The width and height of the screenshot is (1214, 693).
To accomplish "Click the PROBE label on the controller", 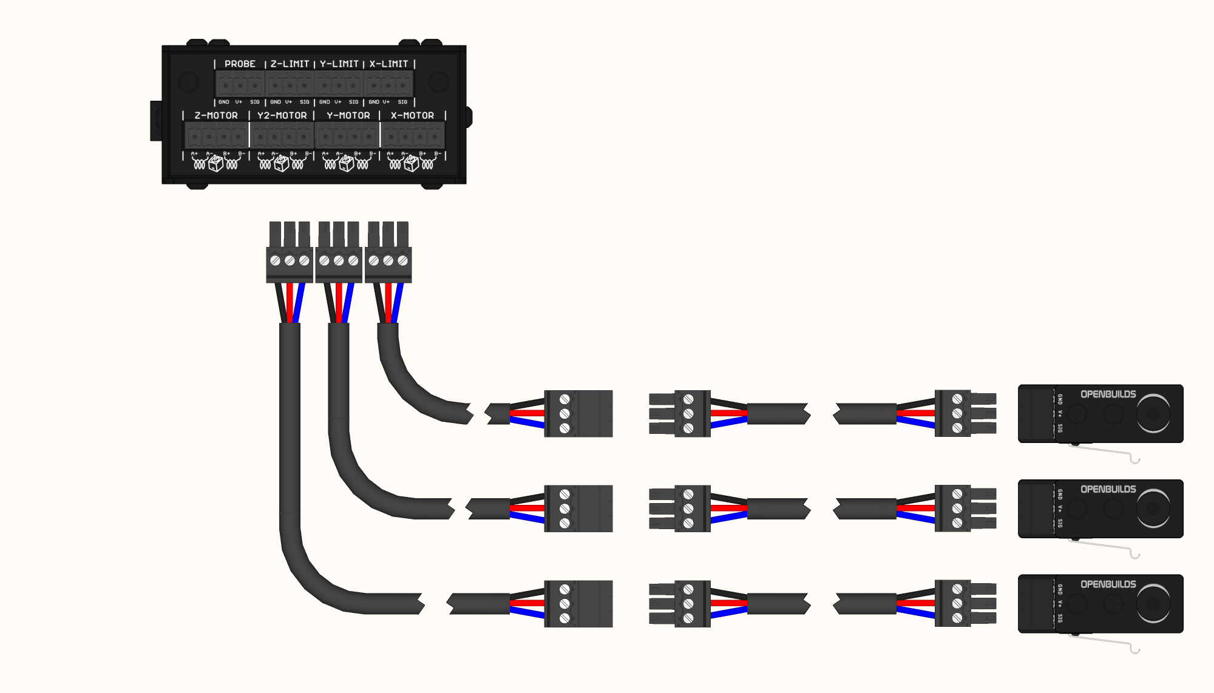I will (x=240, y=64).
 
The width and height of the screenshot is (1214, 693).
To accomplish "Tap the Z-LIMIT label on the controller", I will (x=290, y=64).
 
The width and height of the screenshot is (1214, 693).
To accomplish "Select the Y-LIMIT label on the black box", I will (x=339, y=64).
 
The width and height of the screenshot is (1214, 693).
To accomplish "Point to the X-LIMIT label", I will (x=388, y=64).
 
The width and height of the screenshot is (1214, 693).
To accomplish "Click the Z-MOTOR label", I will (x=216, y=115).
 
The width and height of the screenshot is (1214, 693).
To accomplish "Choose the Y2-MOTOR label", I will (x=282, y=115).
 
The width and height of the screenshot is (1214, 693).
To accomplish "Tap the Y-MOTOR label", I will (x=348, y=115).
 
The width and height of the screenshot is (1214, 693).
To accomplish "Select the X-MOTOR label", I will (x=412, y=115).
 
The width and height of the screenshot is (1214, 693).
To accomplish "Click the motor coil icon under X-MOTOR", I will (x=412, y=163).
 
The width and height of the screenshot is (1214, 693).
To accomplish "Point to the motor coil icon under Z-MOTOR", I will (x=215, y=163).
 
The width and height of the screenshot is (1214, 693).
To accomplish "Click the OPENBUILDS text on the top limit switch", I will (x=1108, y=394).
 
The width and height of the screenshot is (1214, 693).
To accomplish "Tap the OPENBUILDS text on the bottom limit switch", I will (x=1108, y=584).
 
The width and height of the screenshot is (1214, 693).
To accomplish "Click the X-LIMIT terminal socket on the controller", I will (x=388, y=84).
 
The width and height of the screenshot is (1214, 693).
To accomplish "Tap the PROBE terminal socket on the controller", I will (x=240, y=84).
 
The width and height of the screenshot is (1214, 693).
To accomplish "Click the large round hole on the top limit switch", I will (x=1153, y=414).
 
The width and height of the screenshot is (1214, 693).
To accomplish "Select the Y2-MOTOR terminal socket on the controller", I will (x=282, y=135).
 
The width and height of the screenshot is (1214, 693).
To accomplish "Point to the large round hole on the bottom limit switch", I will (x=1153, y=604).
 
